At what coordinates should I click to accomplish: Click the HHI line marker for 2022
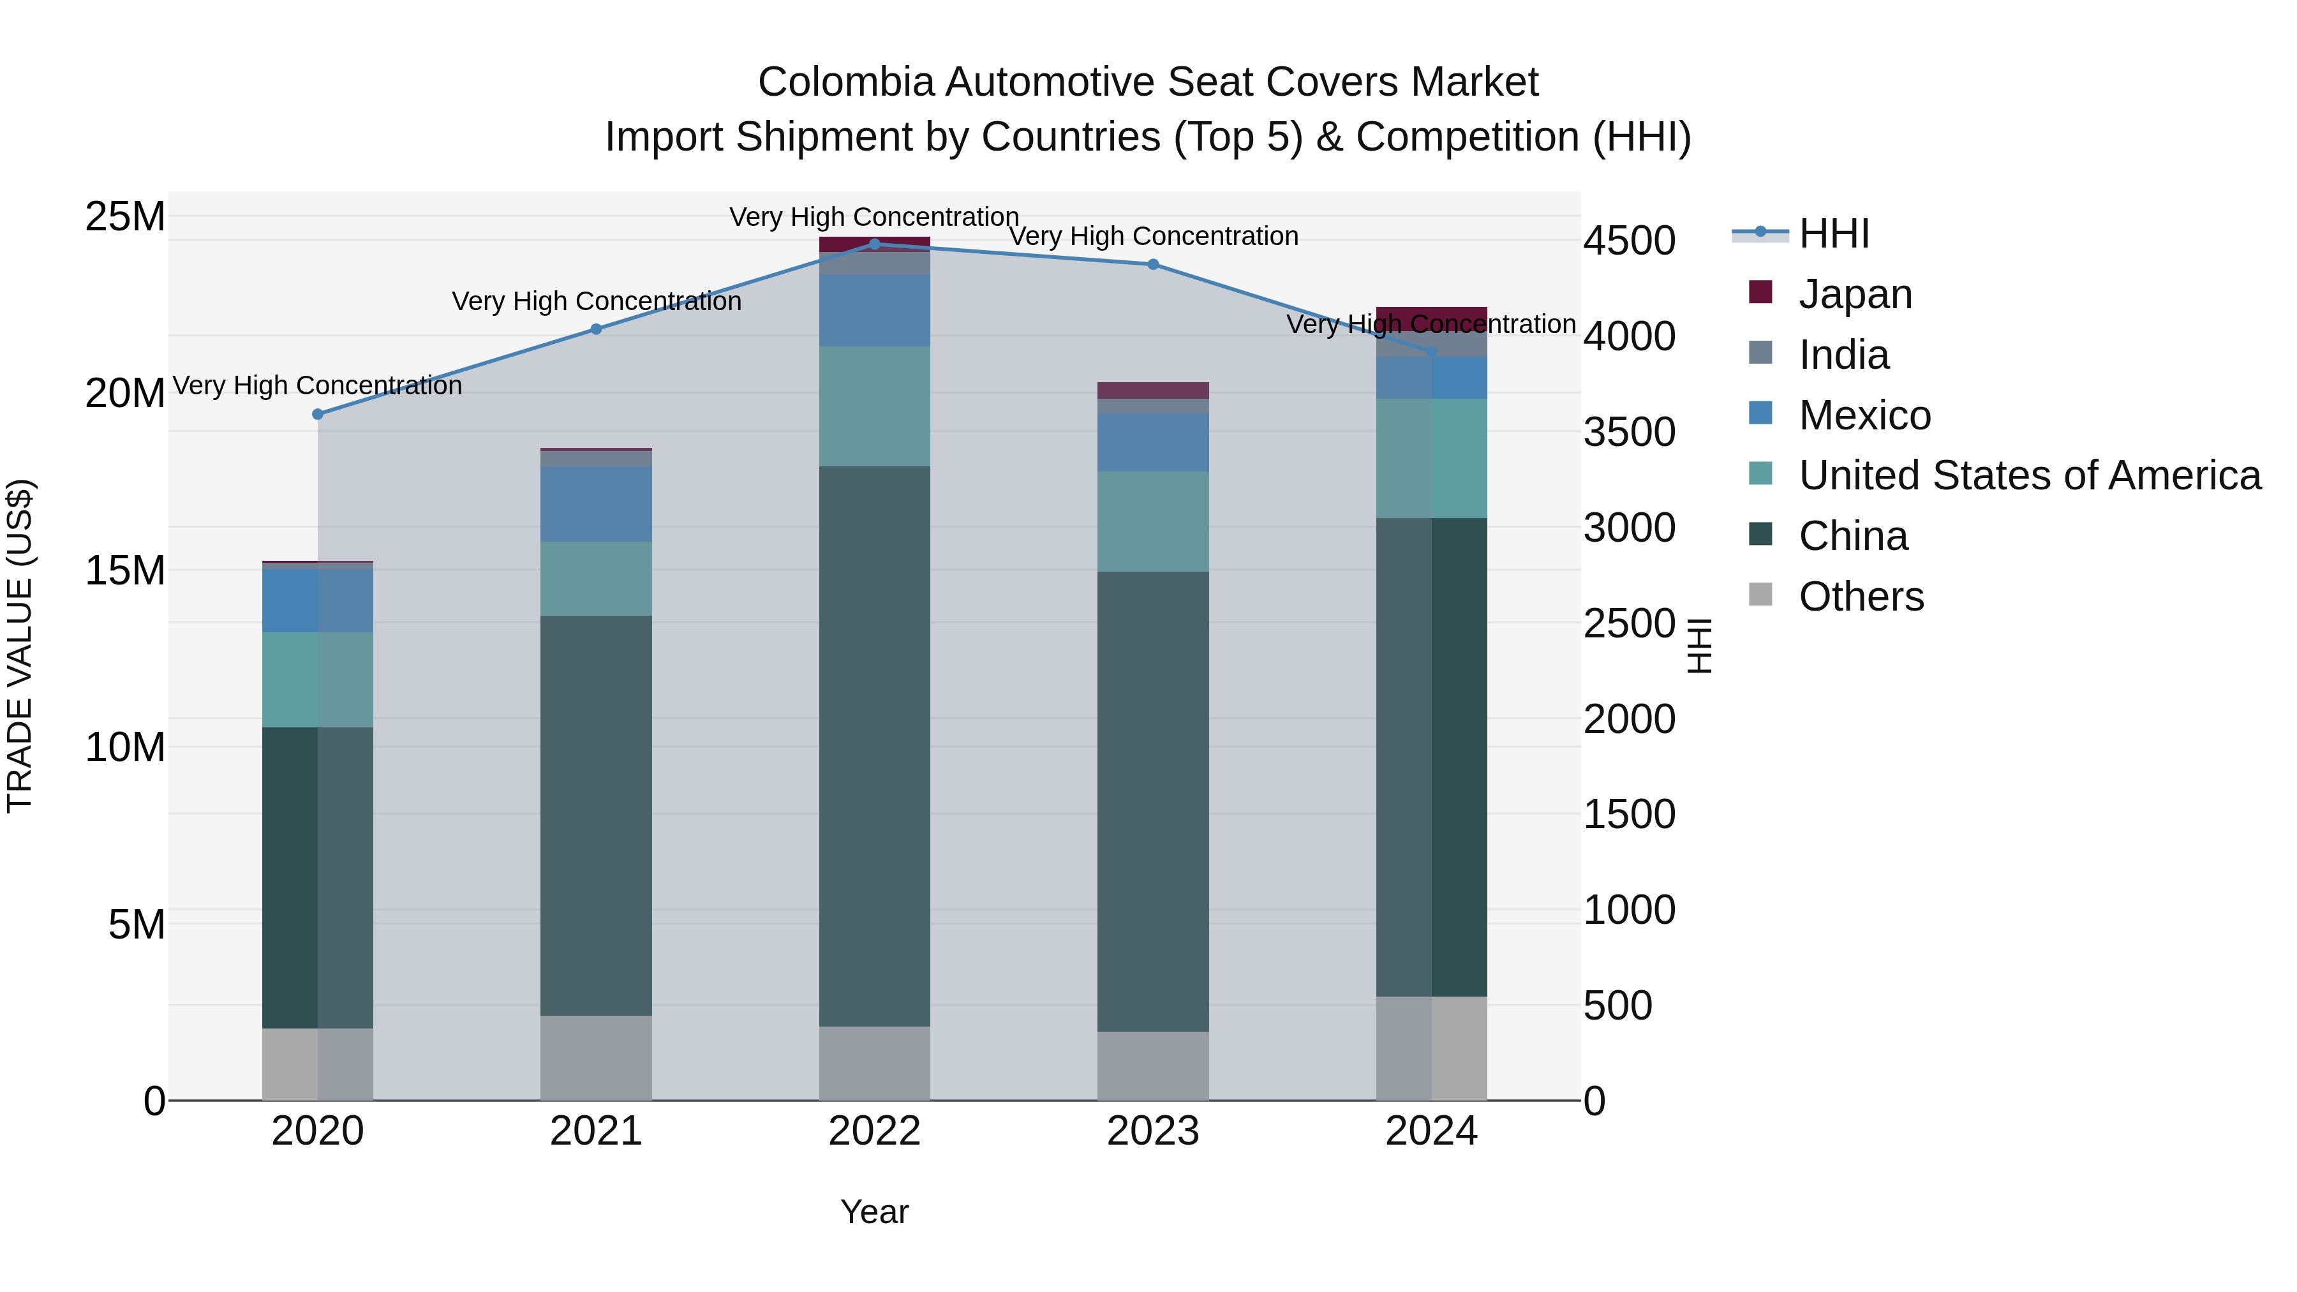874,244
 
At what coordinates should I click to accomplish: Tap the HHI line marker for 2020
318,413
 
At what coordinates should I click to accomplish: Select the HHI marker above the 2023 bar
1153,264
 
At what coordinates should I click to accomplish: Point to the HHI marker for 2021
597,329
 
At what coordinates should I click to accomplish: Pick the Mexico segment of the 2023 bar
1153,442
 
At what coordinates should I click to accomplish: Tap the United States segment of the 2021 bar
596,579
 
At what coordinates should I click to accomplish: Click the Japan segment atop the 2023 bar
1153,390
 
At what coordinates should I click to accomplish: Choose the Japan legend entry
1855,294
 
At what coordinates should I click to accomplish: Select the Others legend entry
1861,597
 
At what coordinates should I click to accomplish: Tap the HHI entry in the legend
1833,234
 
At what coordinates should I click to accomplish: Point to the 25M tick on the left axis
125,217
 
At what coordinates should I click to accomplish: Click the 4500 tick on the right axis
1629,241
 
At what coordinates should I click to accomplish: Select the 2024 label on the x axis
1431,1131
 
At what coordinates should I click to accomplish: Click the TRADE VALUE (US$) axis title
20,646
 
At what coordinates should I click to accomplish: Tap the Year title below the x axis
874,1212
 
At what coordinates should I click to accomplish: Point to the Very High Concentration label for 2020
318,385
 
